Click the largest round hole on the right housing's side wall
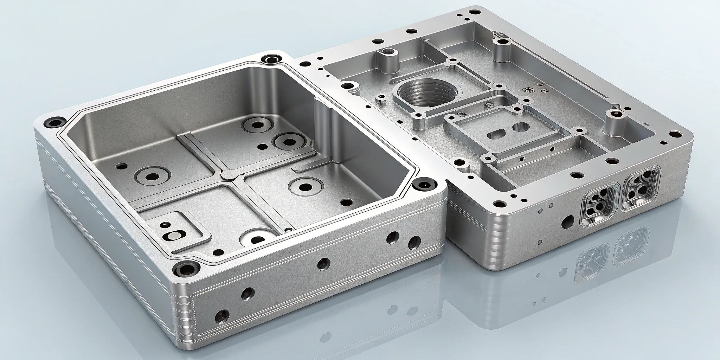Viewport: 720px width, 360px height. coord(567,221)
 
